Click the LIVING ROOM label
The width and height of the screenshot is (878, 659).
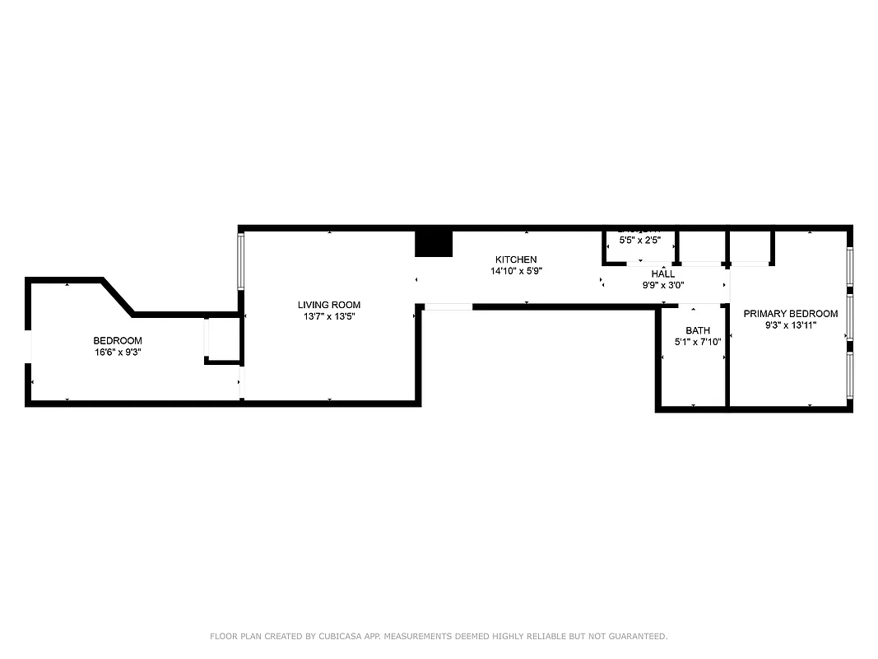[329, 305]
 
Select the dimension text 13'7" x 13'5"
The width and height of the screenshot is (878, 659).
[329, 316]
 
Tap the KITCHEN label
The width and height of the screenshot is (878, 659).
[516, 259]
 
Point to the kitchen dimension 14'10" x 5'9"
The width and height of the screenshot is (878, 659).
[516, 271]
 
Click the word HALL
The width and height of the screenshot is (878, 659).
[663, 274]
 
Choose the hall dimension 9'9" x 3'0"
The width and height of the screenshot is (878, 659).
[663, 286]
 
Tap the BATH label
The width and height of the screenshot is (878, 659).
[697, 330]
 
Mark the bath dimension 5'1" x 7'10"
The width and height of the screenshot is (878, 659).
[697, 342]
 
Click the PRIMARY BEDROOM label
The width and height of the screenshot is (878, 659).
[791, 314]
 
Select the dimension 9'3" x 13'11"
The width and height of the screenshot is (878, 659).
[791, 325]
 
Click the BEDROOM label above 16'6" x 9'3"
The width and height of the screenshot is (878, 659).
[117, 341]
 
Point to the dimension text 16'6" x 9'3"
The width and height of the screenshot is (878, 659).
[117, 353]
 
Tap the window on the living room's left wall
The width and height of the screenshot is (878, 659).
[241, 262]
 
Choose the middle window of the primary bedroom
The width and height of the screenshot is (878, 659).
[850, 317]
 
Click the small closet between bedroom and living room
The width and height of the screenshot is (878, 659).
[222, 339]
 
